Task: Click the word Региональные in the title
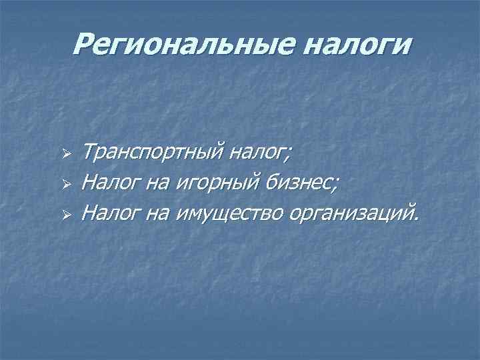[x=171, y=46]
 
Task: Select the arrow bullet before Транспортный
[x=65, y=156]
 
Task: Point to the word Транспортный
[x=152, y=155]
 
